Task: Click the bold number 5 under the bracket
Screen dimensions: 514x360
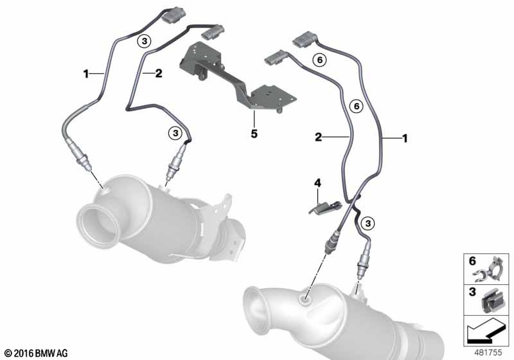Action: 254,134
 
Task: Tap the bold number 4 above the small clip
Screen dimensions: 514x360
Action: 317,183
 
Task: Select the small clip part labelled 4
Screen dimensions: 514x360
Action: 325,208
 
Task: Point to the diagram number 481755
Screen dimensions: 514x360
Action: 488,352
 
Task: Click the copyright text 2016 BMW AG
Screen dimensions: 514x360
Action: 37,353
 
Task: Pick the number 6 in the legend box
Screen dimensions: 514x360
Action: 472,261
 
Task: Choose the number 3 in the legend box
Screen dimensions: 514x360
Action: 472,291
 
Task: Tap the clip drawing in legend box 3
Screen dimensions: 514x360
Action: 491,301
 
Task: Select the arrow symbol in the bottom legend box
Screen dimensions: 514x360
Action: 486,331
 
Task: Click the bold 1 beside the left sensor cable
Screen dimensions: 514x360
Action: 86,74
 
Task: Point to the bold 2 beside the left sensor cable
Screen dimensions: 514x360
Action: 159,73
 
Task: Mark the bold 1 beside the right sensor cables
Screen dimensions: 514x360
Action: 405,138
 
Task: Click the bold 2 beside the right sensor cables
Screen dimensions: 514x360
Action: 318,137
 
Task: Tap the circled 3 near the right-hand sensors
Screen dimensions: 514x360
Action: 368,223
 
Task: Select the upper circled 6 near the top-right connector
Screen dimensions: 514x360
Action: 320,60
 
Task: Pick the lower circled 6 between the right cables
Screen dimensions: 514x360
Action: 357,106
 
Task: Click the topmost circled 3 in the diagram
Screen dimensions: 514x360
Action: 144,41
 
